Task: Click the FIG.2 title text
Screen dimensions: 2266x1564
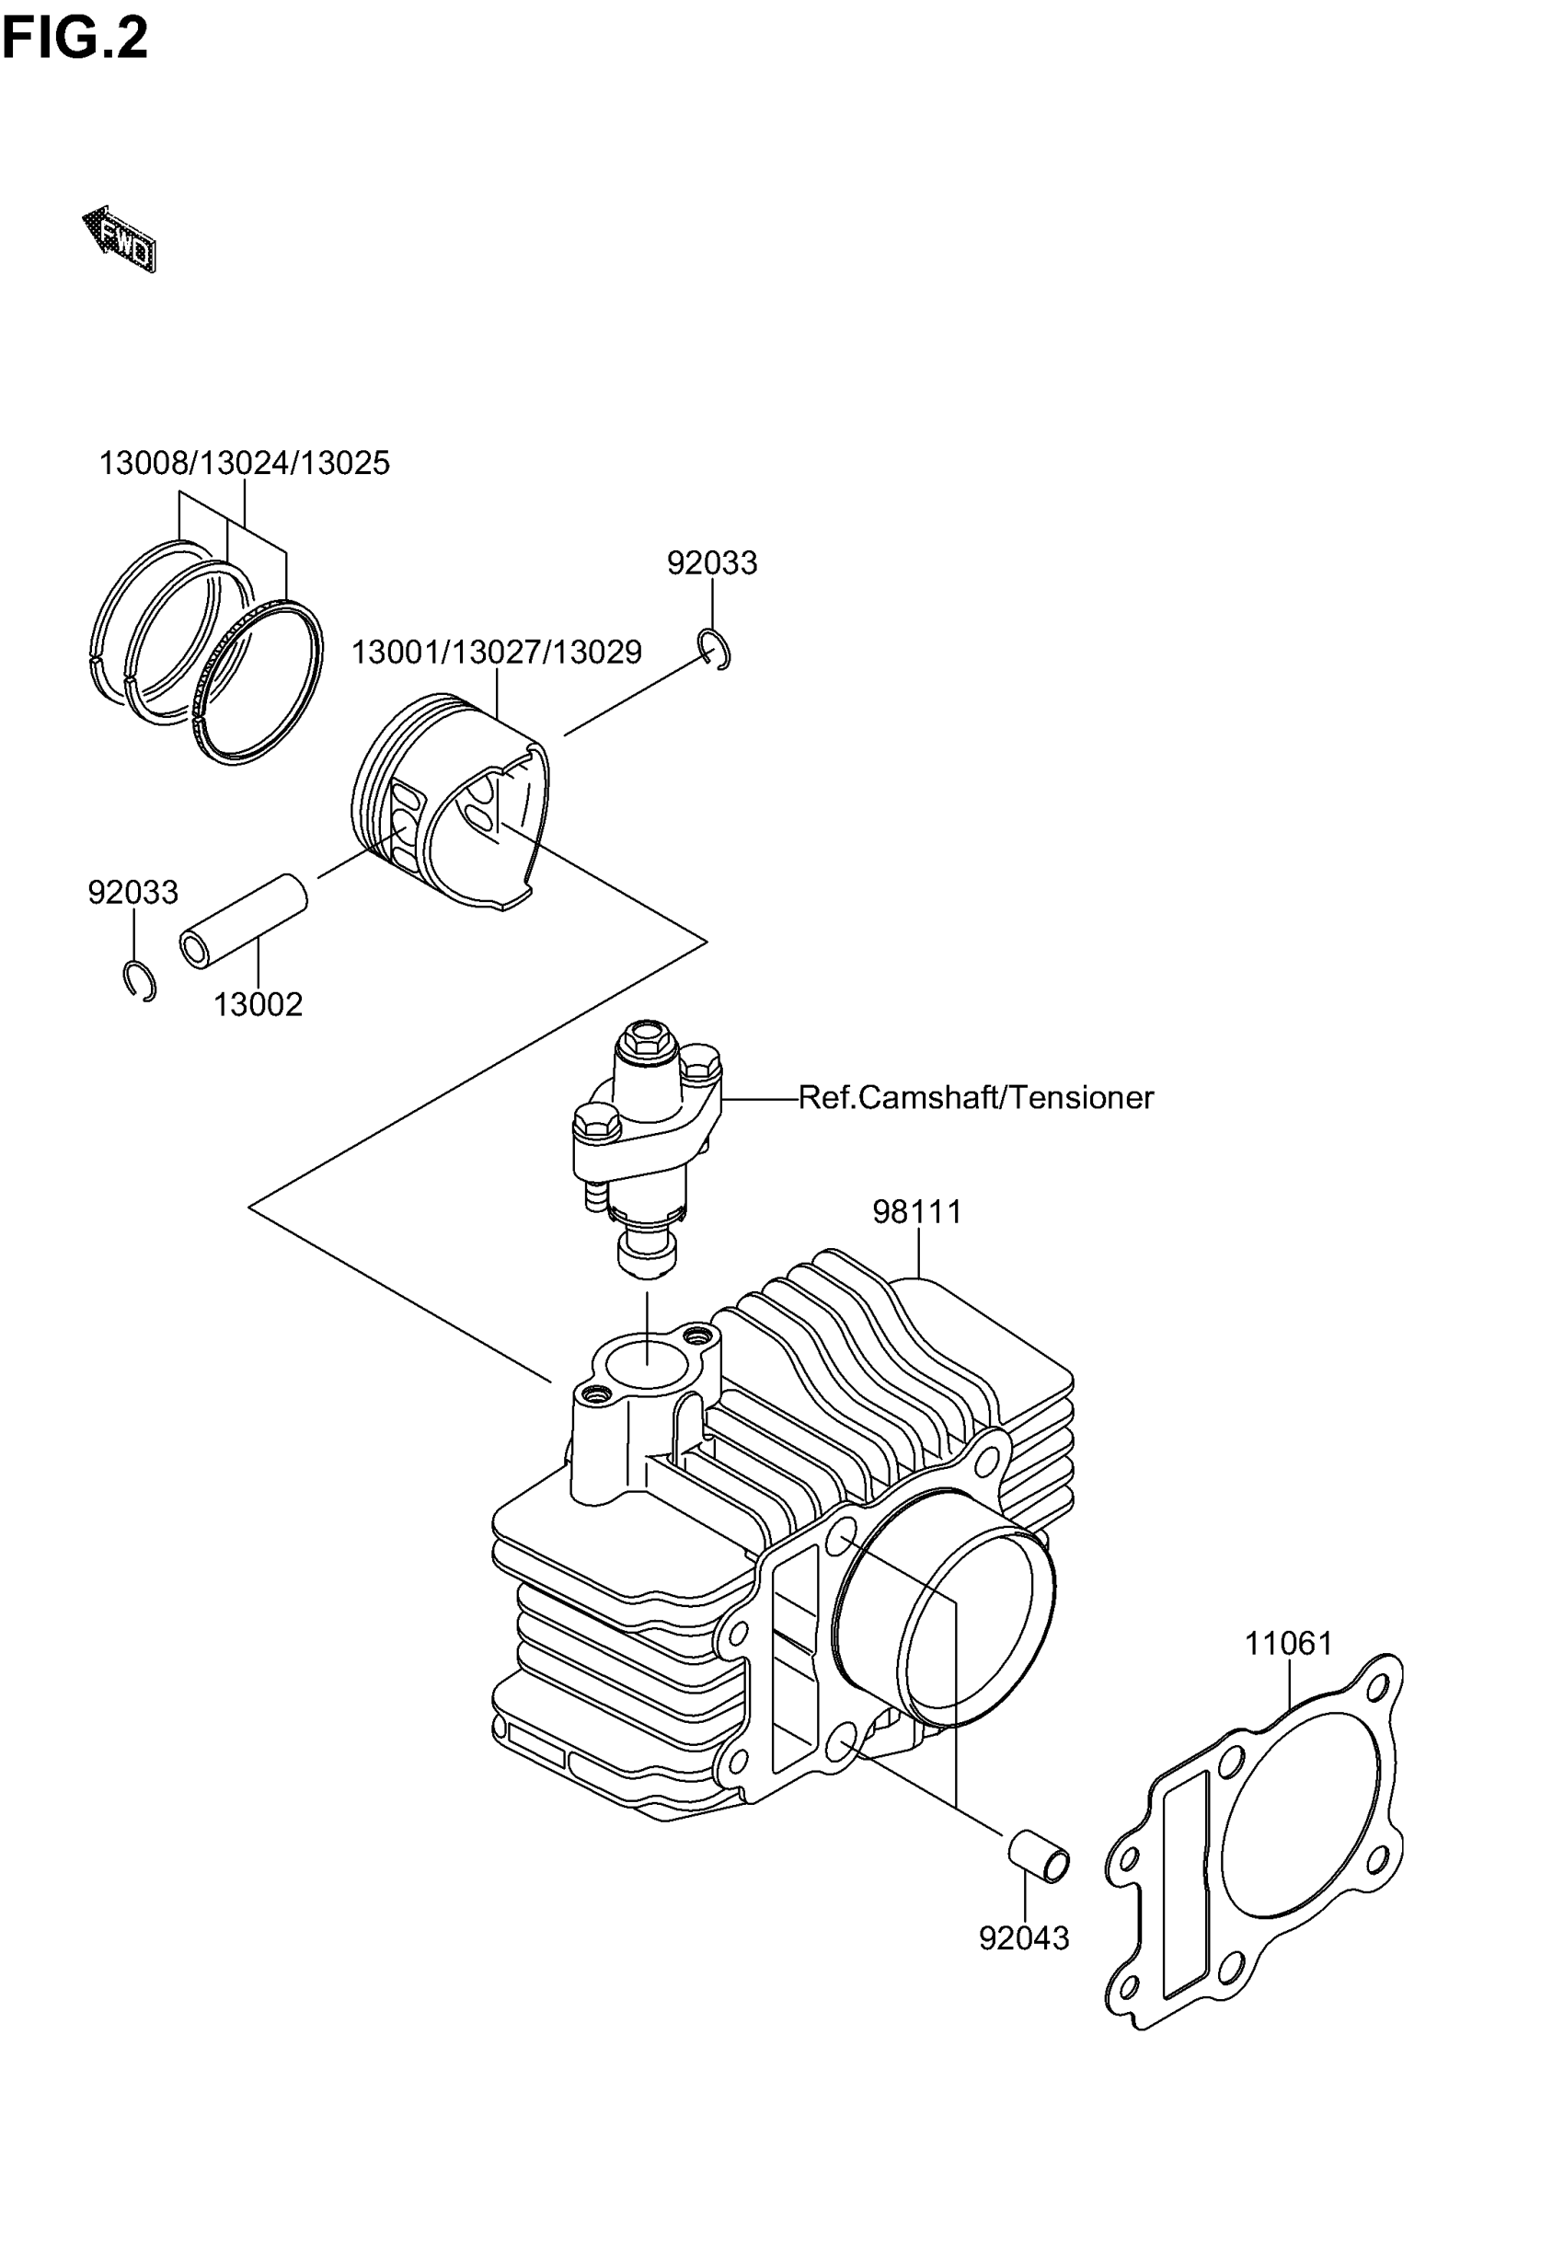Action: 75,40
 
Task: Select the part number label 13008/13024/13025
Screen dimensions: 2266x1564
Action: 244,463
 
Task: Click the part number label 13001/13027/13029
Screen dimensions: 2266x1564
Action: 496,652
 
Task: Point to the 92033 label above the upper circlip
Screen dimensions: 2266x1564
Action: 711,562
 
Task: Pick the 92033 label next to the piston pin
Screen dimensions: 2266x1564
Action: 133,892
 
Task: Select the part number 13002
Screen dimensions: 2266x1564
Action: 258,1005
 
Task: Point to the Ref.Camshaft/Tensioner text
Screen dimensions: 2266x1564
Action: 976,1097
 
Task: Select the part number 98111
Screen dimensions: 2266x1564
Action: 917,1212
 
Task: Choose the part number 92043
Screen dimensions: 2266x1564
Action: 1024,1937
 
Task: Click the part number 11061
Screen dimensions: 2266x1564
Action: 1289,1644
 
